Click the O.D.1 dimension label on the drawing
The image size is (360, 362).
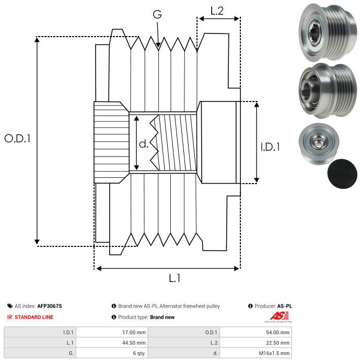[x=17, y=138]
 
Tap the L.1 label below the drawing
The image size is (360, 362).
[x=175, y=278]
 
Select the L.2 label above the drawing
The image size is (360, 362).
[x=217, y=10]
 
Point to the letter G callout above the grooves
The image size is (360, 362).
[x=157, y=14]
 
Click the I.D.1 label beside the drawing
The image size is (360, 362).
[x=270, y=147]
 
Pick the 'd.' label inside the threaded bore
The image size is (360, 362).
[x=144, y=144]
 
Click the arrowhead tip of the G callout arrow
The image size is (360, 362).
[x=158, y=48]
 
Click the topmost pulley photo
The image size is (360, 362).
[x=328, y=32]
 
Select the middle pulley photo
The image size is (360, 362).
[x=328, y=90]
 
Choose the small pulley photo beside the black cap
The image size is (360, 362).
[x=319, y=144]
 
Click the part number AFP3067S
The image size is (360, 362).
[x=50, y=306]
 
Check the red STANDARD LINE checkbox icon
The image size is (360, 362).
[x=9, y=317]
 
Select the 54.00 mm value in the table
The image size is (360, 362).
[x=277, y=332]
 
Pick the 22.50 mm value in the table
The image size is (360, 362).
[x=277, y=343]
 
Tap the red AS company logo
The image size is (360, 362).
[x=279, y=316]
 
